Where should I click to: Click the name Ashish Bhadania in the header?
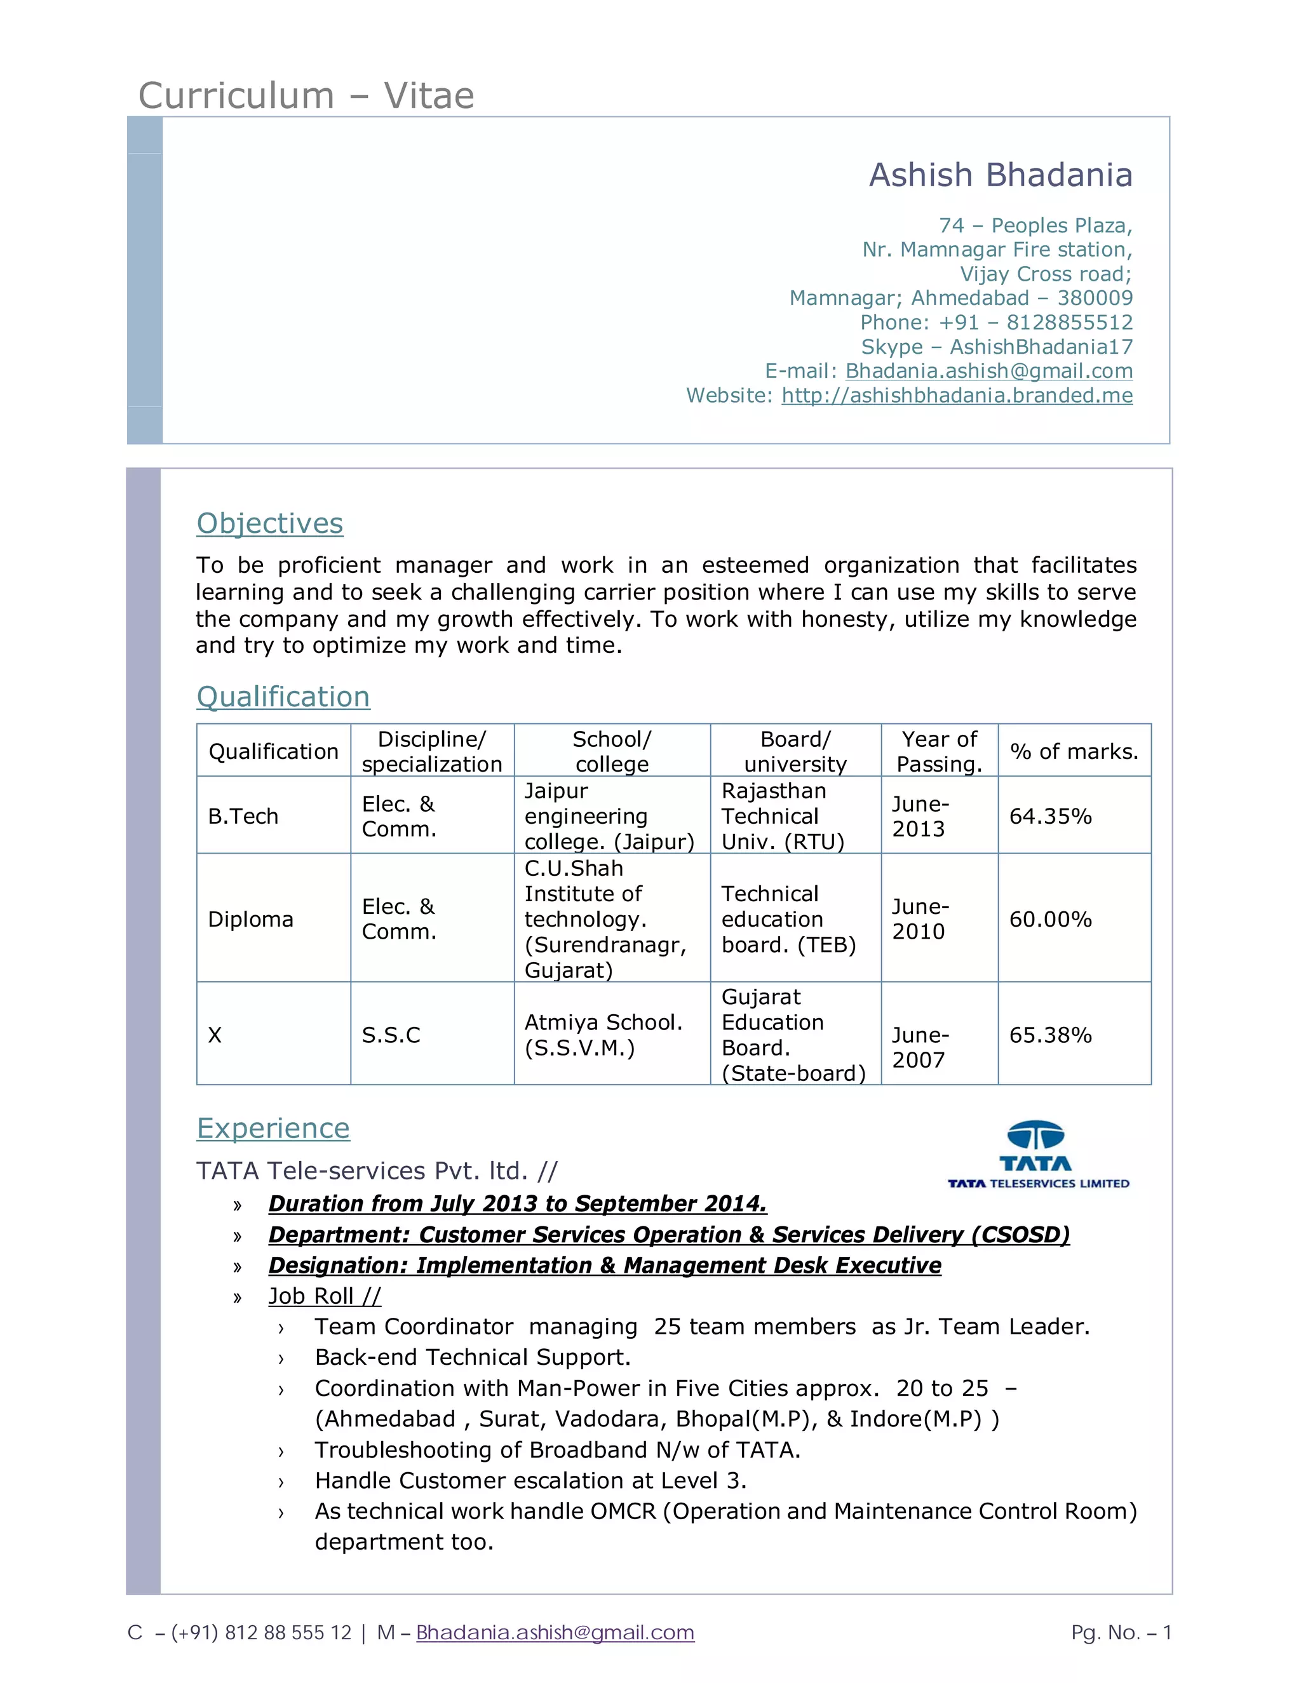click(x=1001, y=175)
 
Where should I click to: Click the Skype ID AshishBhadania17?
click(x=1041, y=347)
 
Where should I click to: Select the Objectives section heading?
click(x=270, y=523)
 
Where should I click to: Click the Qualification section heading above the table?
click(x=283, y=697)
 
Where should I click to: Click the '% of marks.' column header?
click(x=1074, y=751)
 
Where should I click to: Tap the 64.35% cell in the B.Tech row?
click(x=1049, y=816)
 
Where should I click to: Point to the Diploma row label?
click(x=250, y=920)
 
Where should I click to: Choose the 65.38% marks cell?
click(x=1049, y=1035)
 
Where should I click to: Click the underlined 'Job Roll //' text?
click(x=325, y=1296)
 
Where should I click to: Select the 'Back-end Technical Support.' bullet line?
click(x=473, y=1357)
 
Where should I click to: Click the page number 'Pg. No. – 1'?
click(x=1121, y=1632)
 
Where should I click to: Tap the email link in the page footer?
click(x=555, y=1632)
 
